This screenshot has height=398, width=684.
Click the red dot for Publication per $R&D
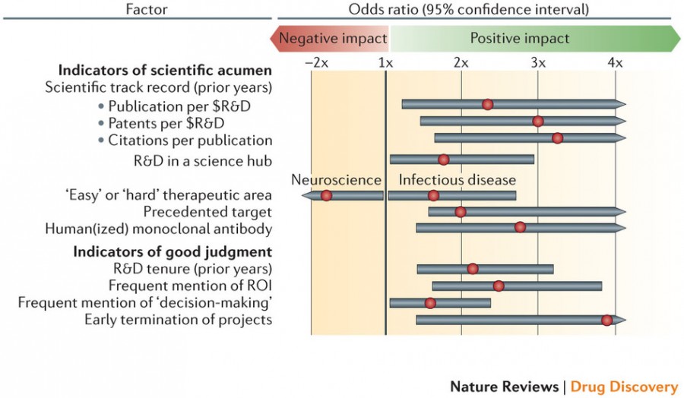(x=488, y=104)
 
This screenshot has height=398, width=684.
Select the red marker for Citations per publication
(x=557, y=138)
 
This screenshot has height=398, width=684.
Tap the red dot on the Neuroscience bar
(x=326, y=195)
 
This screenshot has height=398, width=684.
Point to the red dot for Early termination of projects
(x=606, y=321)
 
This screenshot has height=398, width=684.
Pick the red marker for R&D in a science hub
(x=443, y=160)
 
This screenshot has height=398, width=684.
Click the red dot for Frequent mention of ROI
(x=498, y=286)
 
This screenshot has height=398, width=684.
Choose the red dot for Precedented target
(x=461, y=212)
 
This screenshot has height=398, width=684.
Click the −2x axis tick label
(x=316, y=63)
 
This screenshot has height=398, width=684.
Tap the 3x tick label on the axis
(x=538, y=63)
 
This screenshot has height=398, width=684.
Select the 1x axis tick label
(x=385, y=63)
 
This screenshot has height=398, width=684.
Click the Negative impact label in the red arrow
(x=334, y=39)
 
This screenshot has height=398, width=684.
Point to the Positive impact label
(x=520, y=39)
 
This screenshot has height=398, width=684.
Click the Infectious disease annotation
(x=458, y=179)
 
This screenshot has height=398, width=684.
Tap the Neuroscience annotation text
(x=337, y=179)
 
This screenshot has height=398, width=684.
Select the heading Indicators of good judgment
(x=173, y=252)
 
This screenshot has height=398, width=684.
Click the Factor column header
(x=146, y=9)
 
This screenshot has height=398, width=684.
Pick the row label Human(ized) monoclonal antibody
(x=159, y=229)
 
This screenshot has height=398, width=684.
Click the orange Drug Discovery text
(x=624, y=387)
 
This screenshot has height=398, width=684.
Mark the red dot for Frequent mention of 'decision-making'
(x=430, y=303)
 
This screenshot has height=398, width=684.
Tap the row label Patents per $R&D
(x=166, y=123)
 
